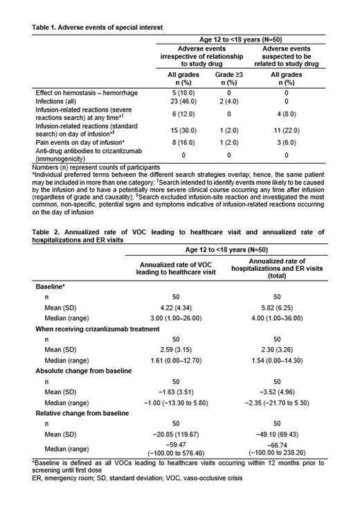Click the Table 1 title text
(98, 27)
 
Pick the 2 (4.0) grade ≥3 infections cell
(228, 101)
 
